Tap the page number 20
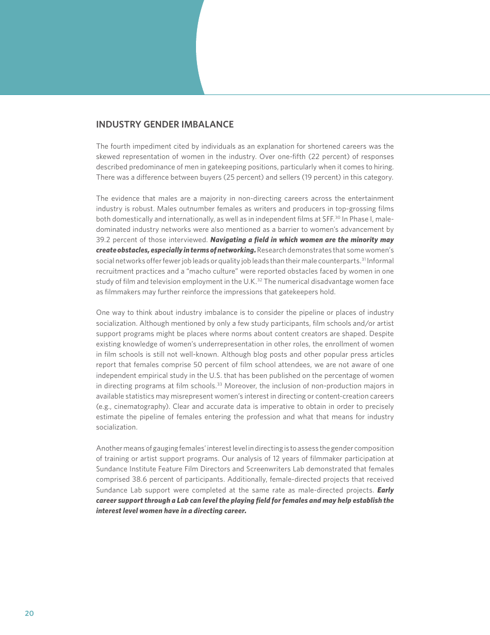pyautogui.click(x=29, y=613)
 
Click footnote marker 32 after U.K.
pyautogui.click(x=260, y=280)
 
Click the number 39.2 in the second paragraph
pyautogui.click(x=104, y=240)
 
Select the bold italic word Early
pyautogui.click(x=385, y=490)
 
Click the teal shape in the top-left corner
pyautogui.click(x=93, y=46)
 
